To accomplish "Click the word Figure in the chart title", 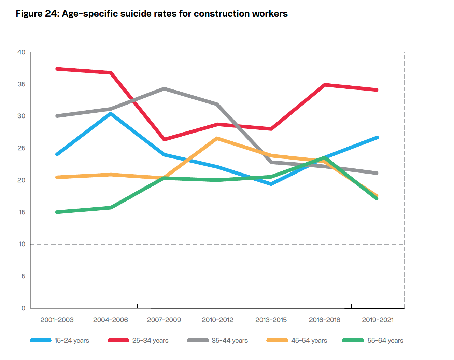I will (29, 14).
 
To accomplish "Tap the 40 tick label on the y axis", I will (21, 52).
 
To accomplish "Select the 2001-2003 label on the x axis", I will (57, 320).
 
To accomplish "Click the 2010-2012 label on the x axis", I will (217, 320).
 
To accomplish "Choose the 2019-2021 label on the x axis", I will (378, 320).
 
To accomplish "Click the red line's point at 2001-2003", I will (57, 69).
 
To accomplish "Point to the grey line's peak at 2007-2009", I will (164, 88).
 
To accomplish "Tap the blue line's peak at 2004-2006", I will (111, 114).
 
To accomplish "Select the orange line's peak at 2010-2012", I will (217, 138).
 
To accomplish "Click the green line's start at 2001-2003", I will (57, 212).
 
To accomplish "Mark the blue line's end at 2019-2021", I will (377, 137).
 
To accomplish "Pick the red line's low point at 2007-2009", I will (164, 139).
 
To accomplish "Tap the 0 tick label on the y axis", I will (23, 308).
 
